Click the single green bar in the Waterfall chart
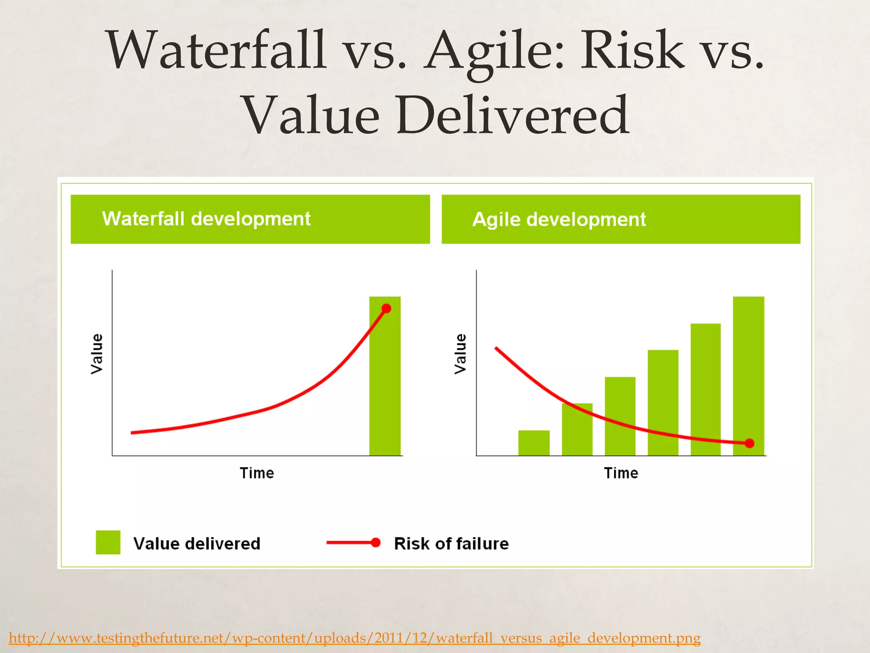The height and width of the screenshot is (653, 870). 385,383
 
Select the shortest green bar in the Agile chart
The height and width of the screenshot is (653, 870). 534,443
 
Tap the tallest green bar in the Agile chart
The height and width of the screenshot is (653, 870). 749,370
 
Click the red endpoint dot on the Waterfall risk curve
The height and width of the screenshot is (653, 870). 386,309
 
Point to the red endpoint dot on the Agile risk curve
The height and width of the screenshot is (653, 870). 750,443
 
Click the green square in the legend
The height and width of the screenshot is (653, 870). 108,542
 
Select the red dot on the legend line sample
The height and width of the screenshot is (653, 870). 376,542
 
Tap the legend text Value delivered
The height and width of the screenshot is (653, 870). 197,544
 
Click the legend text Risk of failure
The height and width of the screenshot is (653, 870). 451,544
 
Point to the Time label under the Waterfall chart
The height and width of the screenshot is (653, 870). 257,473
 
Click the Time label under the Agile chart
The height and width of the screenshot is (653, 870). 621,473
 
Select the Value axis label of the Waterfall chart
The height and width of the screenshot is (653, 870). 97,354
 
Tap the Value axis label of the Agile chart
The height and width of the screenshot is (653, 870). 460,354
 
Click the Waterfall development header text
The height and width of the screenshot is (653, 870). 206,219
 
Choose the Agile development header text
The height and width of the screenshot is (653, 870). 559,220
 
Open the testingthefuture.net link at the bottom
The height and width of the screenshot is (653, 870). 354,638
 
